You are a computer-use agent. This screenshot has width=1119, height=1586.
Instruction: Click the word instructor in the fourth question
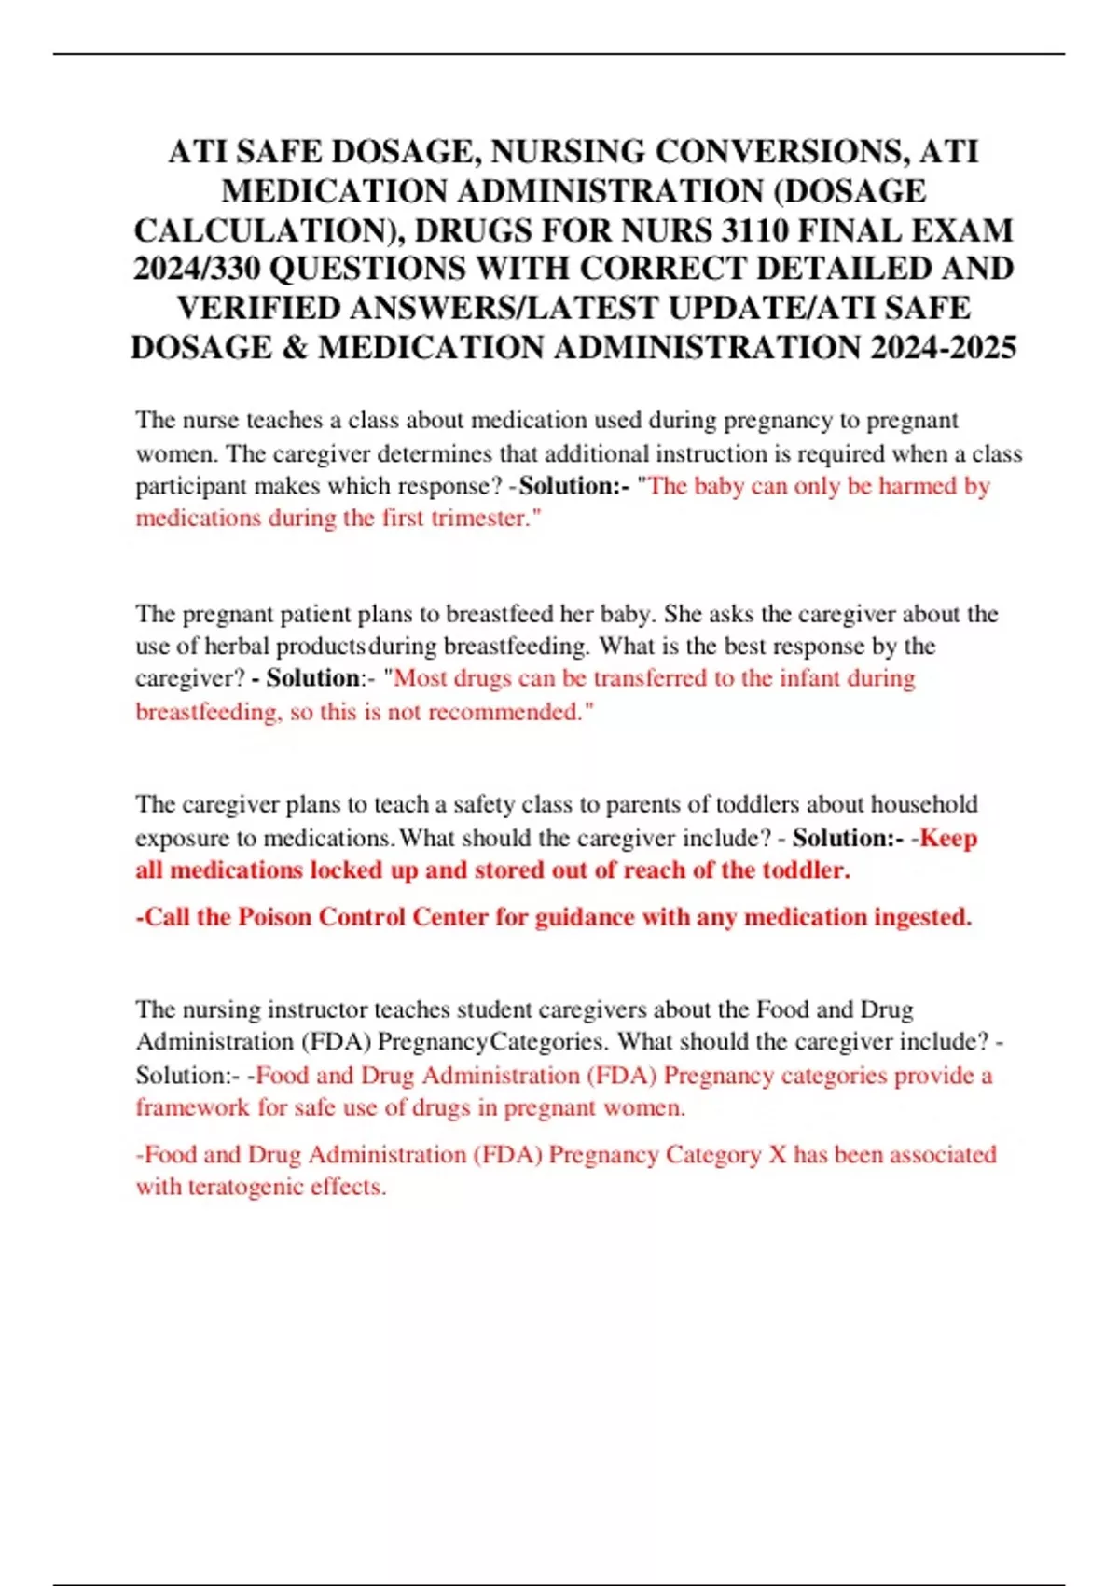tap(317, 1009)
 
